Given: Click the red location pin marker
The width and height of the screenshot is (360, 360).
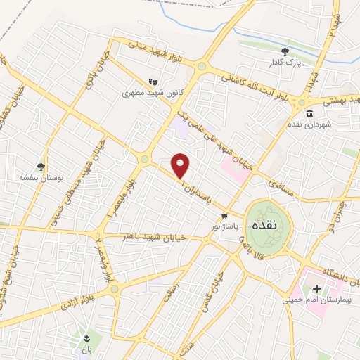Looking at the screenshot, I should coord(181,165).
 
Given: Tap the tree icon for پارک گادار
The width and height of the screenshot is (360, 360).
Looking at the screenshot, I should coord(285,51).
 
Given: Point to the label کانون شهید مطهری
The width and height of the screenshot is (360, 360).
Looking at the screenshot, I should coord(148,92).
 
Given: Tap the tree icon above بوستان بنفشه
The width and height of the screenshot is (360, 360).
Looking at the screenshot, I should coord(41,167).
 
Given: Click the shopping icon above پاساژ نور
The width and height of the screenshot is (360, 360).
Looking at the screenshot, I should coord(224,216).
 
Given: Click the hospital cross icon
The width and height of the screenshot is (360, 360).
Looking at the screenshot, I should coord(316,289).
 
